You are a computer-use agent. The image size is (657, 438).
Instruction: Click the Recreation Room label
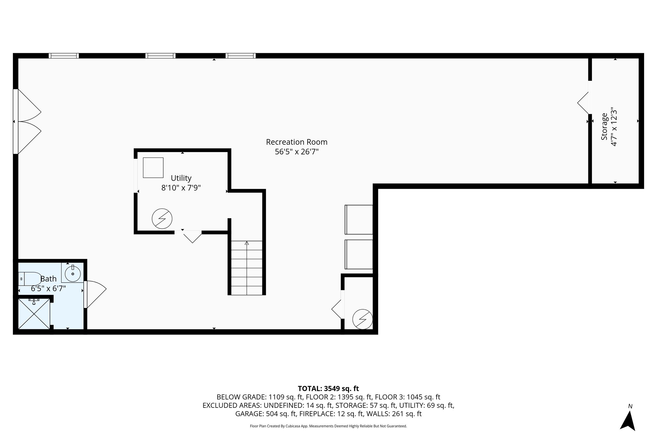(x=296, y=142)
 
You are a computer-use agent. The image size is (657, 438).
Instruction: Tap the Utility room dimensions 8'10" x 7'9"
(x=181, y=188)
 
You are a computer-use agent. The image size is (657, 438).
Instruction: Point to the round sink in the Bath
(x=73, y=273)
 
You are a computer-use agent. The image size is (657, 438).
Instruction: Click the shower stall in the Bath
(x=34, y=313)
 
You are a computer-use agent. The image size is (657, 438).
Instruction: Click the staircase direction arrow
(x=247, y=243)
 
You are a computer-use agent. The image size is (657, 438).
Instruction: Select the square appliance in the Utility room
(x=153, y=167)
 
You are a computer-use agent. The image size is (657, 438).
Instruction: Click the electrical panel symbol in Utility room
(x=162, y=219)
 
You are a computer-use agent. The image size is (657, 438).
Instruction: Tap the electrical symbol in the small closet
(x=363, y=319)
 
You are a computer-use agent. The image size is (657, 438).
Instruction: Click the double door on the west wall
(x=27, y=121)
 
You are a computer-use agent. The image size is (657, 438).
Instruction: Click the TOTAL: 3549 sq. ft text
(x=328, y=389)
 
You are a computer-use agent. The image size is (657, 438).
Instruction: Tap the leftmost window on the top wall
(x=64, y=56)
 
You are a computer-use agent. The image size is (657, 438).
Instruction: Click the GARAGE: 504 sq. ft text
(x=266, y=414)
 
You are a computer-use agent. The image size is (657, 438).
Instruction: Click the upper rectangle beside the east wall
(x=359, y=219)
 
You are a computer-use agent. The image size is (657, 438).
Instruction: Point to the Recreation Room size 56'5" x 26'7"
(x=296, y=152)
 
